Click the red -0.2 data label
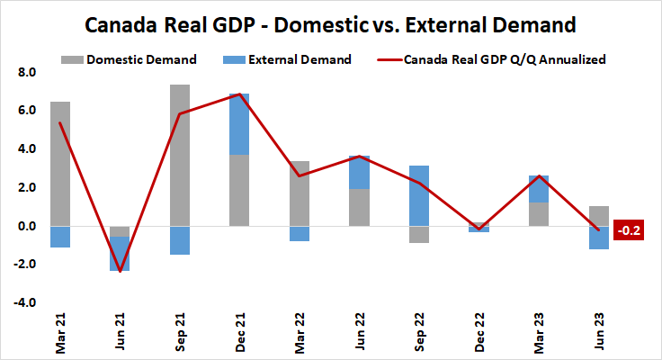click(627, 230)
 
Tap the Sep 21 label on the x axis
click(180, 335)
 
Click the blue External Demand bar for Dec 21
click(239, 124)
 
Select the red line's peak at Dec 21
click(239, 94)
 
